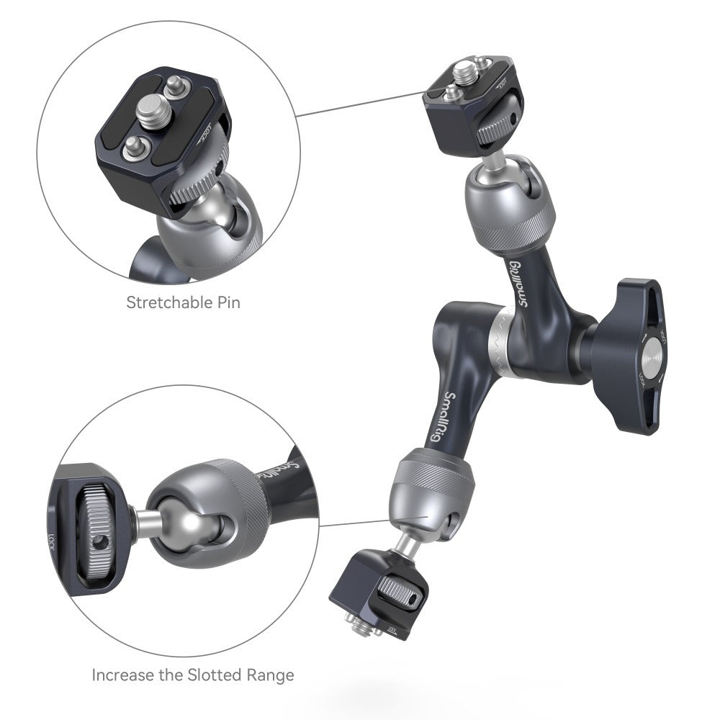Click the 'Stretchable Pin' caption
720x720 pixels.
click(x=183, y=302)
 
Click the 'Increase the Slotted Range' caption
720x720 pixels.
click(x=193, y=675)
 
